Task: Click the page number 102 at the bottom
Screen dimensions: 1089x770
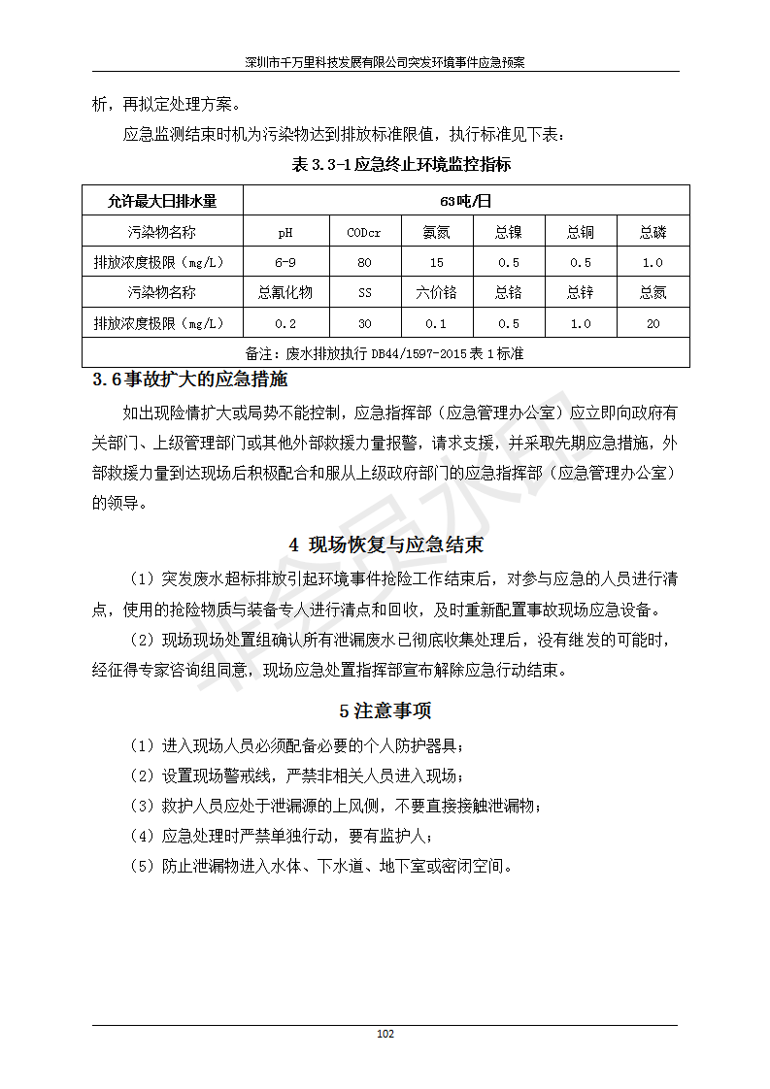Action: [x=385, y=1034]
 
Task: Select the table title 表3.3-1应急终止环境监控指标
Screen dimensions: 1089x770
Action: [x=401, y=164]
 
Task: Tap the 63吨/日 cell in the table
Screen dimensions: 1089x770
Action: [x=466, y=202]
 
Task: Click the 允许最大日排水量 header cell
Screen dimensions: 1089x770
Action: [x=162, y=202]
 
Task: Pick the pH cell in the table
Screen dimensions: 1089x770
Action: [x=285, y=233]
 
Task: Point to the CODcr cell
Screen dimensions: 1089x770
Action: [x=364, y=233]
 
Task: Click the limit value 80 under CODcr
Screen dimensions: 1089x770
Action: [x=364, y=263]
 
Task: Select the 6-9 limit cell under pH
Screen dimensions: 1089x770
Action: [x=285, y=263]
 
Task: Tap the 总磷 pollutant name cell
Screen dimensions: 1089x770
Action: [x=653, y=233]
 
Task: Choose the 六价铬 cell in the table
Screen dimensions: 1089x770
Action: [x=436, y=293]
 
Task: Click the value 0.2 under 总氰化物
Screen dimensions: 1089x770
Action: [x=285, y=323]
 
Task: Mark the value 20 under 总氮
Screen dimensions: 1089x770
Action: [x=653, y=323]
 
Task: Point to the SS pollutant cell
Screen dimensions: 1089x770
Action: [x=364, y=293]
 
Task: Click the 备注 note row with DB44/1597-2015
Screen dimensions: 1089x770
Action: [x=385, y=353]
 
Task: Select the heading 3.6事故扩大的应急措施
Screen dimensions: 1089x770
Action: [x=189, y=379]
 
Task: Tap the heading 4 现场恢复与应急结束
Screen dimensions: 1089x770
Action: [x=385, y=544]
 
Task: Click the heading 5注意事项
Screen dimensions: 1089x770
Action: [x=385, y=710]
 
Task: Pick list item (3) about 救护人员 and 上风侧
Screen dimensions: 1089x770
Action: [x=335, y=806]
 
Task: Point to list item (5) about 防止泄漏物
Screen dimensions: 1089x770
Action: [x=321, y=866]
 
